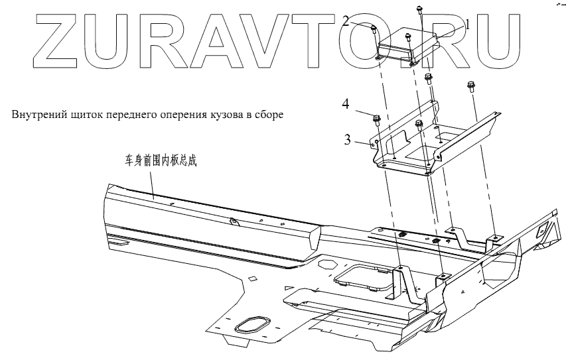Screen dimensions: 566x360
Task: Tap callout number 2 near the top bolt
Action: click(365, 20)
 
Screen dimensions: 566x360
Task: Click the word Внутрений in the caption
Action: click(38, 115)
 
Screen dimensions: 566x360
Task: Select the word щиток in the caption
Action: click(86, 115)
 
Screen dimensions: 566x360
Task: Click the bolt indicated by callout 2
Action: click(374, 29)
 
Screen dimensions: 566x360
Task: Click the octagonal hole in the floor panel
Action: click(327, 264)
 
